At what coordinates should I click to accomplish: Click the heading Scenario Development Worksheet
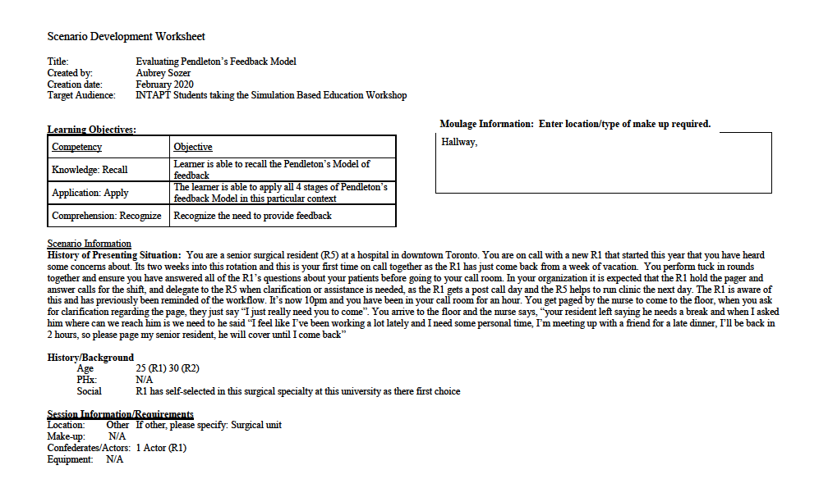[x=126, y=37]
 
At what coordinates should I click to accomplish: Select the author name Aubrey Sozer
[x=163, y=73]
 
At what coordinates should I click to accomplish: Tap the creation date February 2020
[x=164, y=84]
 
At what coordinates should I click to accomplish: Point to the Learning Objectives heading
[x=91, y=130]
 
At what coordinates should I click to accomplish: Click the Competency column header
[x=77, y=147]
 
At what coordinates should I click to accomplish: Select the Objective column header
[x=193, y=147]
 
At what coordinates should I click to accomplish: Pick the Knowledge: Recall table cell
[x=90, y=170]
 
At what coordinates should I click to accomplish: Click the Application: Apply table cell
[x=90, y=194]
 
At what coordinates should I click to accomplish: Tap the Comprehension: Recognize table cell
[x=107, y=216]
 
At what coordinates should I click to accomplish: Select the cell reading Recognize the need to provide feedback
[x=253, y=216]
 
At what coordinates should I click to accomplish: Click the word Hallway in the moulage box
[x=459, y=142]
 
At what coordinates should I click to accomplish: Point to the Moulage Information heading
[x=575, y=124]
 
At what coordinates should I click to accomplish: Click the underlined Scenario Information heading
[x=89, y=244]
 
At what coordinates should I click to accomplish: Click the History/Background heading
[x=90, y=358]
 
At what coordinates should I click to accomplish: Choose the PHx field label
[x=86, y=381]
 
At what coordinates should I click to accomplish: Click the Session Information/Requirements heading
[x=121, y=414]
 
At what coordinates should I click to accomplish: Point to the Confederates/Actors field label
[x=90, y=449]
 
